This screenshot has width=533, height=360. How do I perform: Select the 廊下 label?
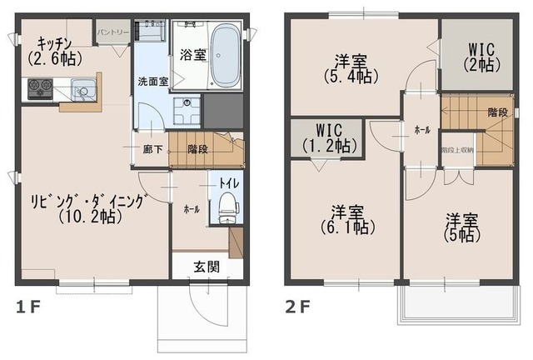click(x=152, y=150)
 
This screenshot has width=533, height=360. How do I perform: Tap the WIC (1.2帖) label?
click(x=326, y=137)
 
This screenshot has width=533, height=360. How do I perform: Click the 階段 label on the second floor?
click(x=498, y=112)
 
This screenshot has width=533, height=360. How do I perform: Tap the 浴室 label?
click(x=188, y=55)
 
